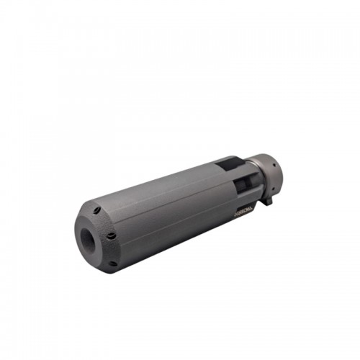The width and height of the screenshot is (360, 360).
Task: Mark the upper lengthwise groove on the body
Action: click(166, 199)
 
